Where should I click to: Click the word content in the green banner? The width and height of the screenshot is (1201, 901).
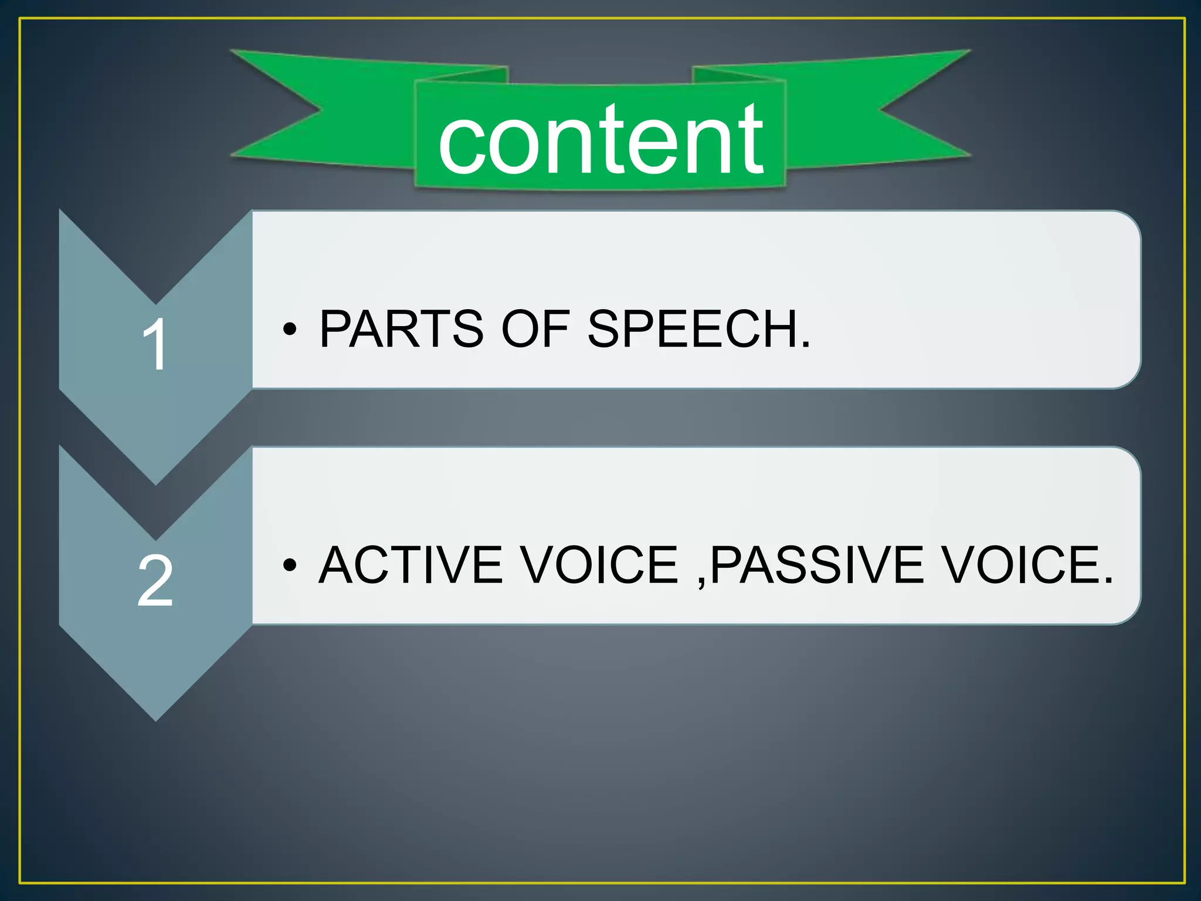(x=600, y=141)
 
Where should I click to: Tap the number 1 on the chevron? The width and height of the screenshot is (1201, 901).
(x=155, y=345)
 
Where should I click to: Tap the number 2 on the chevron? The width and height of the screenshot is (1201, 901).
(x=155, y=581)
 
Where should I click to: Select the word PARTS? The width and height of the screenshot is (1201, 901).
(x=402, y=329)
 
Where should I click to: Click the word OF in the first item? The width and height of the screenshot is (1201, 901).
(x=535, y=329)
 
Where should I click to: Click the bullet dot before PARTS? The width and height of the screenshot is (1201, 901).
(x=289, y=330)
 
